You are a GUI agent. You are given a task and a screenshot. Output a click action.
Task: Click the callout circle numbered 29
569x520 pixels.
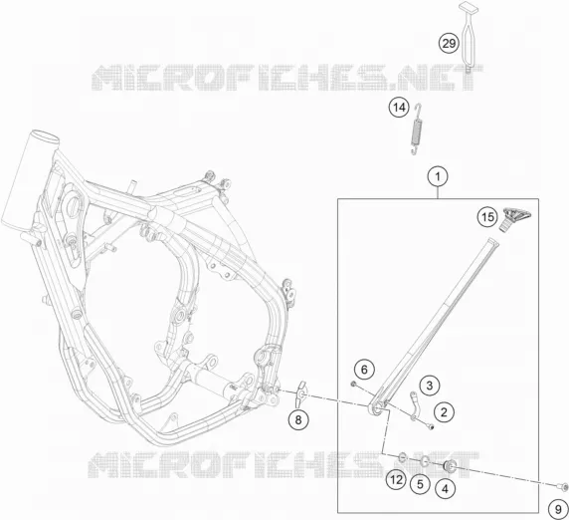[449, 43]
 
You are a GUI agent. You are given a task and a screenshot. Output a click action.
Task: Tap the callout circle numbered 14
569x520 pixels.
[399, 108]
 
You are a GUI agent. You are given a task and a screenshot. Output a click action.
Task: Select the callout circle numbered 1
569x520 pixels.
[438, 177]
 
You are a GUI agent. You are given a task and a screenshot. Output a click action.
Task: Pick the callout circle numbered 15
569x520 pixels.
[487, 217]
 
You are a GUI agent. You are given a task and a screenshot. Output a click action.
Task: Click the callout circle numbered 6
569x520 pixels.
[364, 370]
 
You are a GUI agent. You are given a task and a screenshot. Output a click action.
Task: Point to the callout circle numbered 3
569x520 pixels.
[430, 386]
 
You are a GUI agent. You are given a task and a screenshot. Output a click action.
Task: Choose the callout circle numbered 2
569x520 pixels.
[444, 412]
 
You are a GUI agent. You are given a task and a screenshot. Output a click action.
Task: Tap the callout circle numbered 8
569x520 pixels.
[298, 420]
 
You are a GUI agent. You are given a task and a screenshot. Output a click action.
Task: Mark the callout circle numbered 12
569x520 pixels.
[396, 480]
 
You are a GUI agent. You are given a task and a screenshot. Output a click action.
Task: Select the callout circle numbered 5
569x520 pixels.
[420, 484]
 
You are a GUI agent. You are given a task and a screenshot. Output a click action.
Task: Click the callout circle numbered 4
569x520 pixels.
[445, 489]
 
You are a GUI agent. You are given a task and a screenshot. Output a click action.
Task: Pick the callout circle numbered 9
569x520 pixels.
[558, 509]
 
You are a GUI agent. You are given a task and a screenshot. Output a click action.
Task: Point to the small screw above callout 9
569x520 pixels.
[561, 485]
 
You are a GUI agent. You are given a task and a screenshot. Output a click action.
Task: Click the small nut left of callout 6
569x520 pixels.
[353, 384]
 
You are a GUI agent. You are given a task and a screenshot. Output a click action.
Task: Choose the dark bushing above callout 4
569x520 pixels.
[450, 466]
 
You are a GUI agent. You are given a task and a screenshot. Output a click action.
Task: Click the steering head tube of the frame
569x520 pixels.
[28, 181]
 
